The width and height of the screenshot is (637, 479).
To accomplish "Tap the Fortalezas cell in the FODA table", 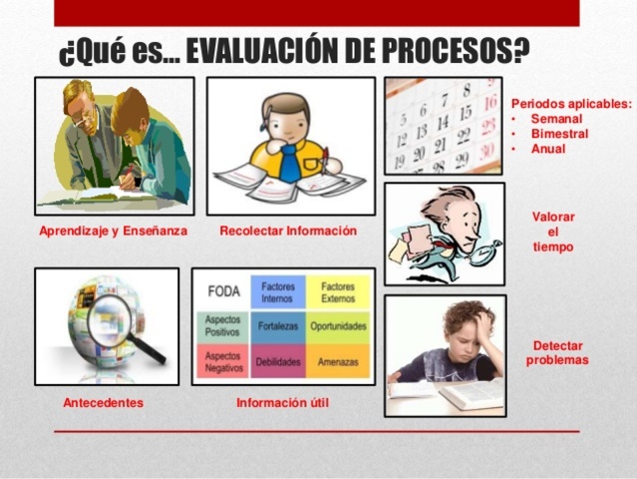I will (x=278, y=325).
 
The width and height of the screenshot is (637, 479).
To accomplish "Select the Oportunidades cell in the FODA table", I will (x=338, y=325).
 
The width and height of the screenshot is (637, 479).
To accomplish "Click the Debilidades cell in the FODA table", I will (x=278, y=361).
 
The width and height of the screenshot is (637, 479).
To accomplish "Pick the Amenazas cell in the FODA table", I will (x=338, y=361).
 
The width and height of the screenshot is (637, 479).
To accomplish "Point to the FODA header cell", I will (x=223, y=291).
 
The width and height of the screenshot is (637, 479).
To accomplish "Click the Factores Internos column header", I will (x=278, y=291).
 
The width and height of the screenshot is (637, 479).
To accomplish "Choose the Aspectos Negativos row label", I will (x=223, y=361).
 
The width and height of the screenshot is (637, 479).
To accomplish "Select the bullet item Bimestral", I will (x=559, y=134).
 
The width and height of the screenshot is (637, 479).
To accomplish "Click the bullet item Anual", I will (x=548, y=149).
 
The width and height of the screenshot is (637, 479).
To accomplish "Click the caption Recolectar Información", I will (x=288, y=232).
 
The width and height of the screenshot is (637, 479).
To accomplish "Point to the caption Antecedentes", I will (x=103, y=403).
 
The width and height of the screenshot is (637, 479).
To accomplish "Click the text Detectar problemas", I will (x=558, y=352).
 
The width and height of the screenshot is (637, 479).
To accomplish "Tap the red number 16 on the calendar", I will (x=489, y=102).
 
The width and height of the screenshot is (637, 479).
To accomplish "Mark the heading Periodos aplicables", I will (x=571, y=103).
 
